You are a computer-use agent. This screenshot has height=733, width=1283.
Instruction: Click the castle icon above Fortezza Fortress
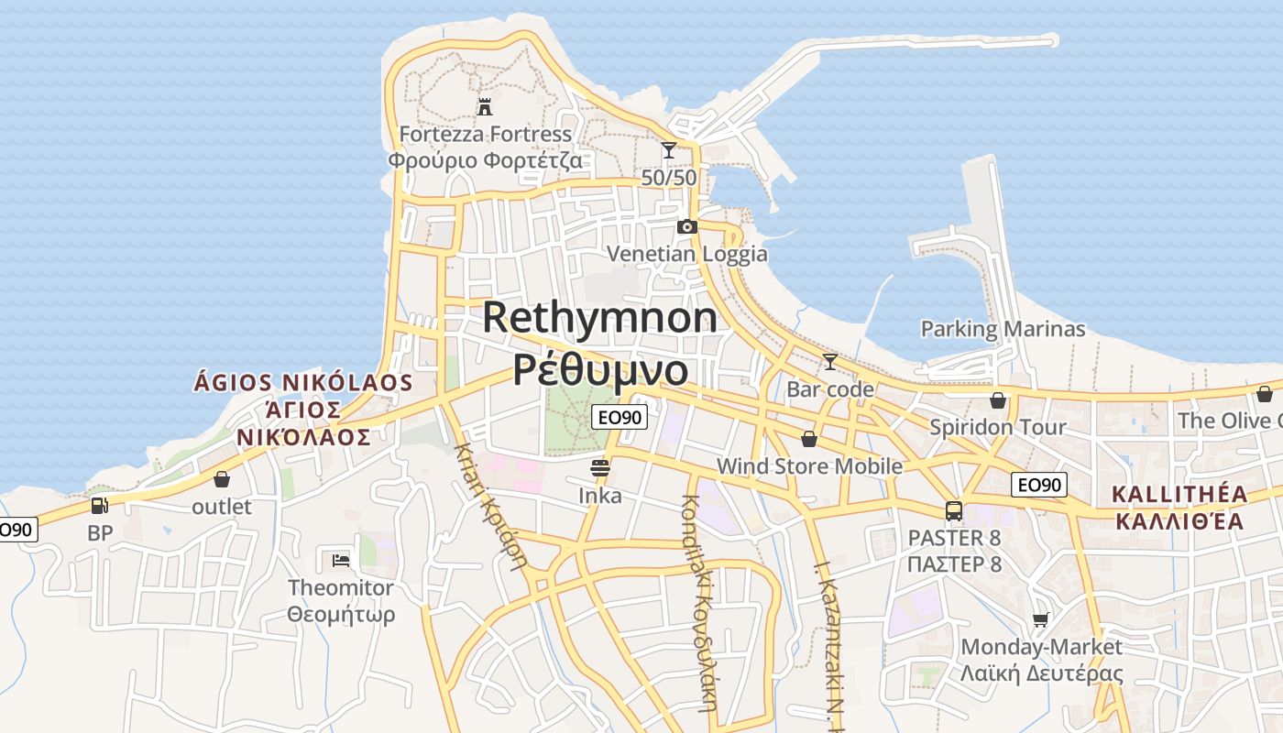[485, 107]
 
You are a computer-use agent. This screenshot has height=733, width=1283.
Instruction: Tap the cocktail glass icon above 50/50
[669, 150]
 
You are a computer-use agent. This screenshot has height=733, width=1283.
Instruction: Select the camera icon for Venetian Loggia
[686, 226]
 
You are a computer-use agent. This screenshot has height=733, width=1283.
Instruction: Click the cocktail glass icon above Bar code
[830, 362]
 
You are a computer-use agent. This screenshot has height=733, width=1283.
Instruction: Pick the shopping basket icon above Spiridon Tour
[998, 400]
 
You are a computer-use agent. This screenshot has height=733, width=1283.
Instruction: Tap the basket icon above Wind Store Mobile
[808, 439]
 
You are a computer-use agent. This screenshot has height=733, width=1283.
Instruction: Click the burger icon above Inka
[600, 469]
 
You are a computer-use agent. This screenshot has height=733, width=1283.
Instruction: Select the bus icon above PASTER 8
[954, 510]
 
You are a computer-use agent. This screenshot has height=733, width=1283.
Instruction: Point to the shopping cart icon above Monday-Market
[1040, 620]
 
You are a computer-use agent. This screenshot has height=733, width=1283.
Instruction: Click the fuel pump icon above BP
[99, 505]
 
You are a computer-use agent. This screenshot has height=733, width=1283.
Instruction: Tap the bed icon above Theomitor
[341, 560]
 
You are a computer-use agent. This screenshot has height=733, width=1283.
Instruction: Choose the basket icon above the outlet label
[222, 479]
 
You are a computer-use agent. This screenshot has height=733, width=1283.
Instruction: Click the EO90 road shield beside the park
[620, 418]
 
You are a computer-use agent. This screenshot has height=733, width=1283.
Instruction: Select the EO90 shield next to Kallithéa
[1040, 485]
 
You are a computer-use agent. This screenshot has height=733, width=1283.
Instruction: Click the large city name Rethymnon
[600, 318]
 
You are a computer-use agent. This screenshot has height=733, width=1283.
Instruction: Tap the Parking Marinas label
[1003, 329]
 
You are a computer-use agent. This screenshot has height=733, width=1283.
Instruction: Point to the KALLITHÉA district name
[1179, 495]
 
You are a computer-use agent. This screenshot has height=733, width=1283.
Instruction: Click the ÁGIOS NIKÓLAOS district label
[303, 382]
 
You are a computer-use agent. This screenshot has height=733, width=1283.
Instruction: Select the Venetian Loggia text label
[687, 254]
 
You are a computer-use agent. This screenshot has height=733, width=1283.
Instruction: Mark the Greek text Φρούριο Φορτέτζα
[485, 161]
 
